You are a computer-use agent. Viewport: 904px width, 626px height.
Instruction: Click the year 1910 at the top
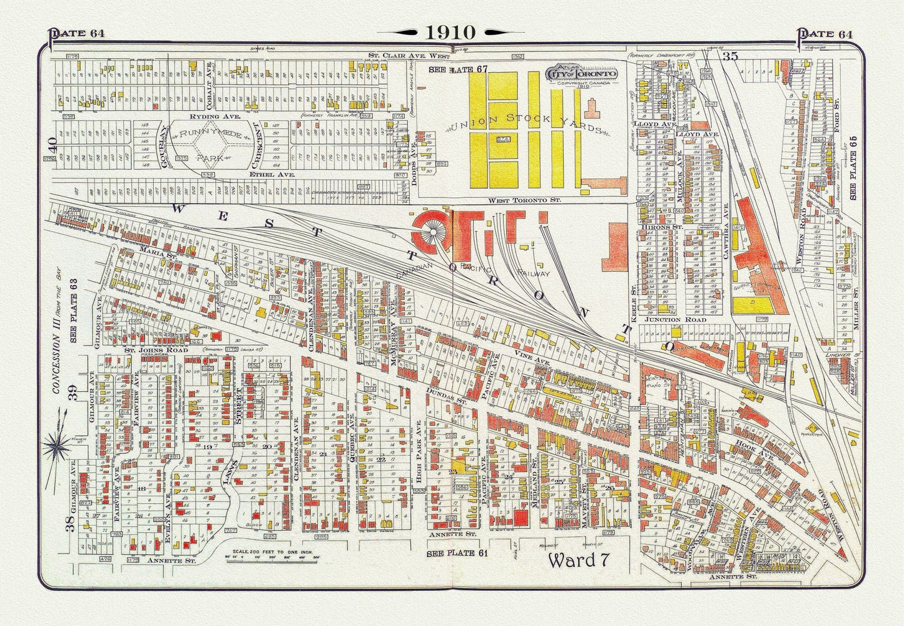[x=452, y=32]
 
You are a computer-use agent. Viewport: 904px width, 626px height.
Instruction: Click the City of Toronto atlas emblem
[x=582, y=74]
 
